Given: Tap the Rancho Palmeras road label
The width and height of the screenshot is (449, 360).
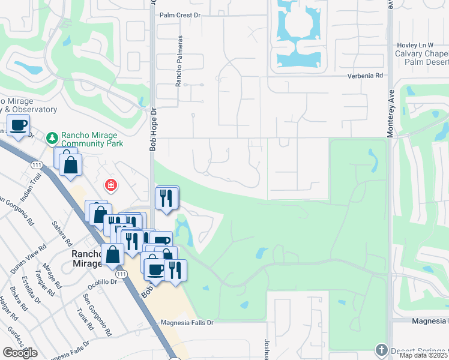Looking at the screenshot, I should (x=179, y=61).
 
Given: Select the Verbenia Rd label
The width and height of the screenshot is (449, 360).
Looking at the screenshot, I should (x=364, y=76).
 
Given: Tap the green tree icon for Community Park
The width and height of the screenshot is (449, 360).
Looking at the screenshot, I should (x=52, y=139).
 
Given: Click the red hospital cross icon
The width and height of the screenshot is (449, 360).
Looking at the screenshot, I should (x=110, y=185).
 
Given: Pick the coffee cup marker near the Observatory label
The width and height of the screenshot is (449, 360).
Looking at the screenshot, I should (x=19, y=125).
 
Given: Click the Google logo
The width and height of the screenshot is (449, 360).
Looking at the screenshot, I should (x=20, y=352).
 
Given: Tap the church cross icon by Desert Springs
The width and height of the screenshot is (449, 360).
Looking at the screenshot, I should (x=381, y=350).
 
